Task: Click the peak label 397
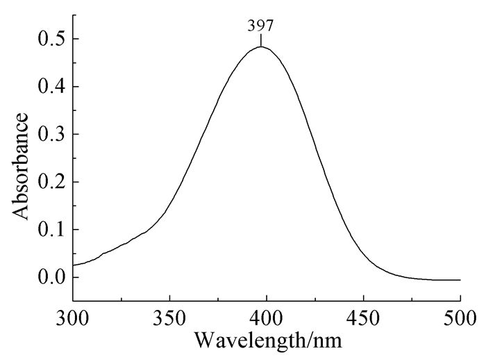[x=261, y=27]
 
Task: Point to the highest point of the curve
[x=261, y=46]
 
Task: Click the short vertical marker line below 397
[x=261, y=40]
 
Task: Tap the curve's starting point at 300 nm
[x=74, y=265]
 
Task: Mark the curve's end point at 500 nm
[x=460, y=280]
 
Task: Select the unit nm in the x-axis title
[x=327, y=341]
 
